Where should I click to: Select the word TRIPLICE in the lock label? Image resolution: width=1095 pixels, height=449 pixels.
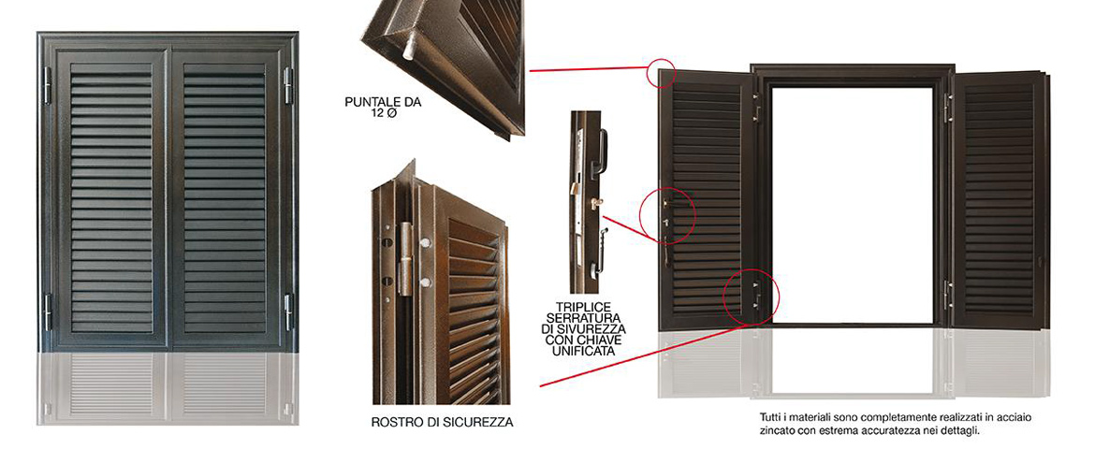583,307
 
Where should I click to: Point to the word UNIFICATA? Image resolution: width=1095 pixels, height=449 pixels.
583,351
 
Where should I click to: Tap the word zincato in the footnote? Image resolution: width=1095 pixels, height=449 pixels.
776,431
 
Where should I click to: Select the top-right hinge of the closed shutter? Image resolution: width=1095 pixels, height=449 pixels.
287,85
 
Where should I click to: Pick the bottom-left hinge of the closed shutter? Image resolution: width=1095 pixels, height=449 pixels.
48,311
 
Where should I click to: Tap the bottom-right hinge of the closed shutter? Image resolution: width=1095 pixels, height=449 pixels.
287,311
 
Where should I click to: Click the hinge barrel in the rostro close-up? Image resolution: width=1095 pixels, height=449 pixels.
404,258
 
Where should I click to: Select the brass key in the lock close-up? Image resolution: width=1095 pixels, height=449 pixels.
595,202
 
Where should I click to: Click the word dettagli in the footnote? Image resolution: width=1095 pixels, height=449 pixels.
961,431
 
